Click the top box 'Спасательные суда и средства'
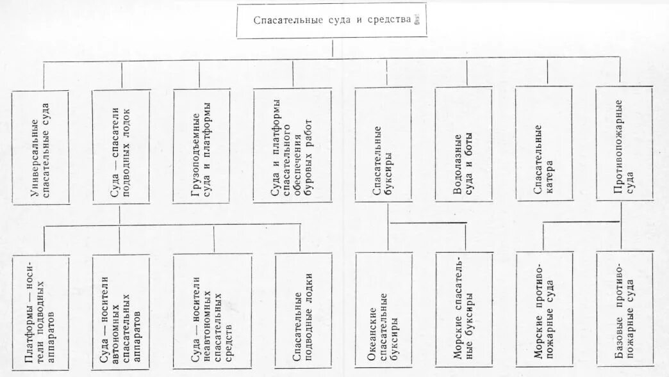coord(331,20)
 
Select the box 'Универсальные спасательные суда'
coord(40,147)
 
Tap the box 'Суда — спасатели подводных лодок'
coord(120,147)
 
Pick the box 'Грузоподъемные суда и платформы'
coord(201,146)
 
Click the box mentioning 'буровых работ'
coord(292,145)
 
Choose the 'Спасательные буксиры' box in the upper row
coord(383,145)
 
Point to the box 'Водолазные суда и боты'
coord(463,144)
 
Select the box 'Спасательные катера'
coord(543,144)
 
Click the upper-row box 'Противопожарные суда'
coord(624,144)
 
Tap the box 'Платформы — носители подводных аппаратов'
coord(40,310)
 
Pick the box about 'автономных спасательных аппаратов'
coord(120,310)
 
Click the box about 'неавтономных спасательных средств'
coord(212,310)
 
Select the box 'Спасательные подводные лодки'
coord(303,310)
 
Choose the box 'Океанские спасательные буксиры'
coord(383,310)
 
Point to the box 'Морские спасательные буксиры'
coord(463,310)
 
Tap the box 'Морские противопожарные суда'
coord(544,309)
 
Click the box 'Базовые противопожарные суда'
coord(624,309)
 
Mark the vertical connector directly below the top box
coord(332,48)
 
